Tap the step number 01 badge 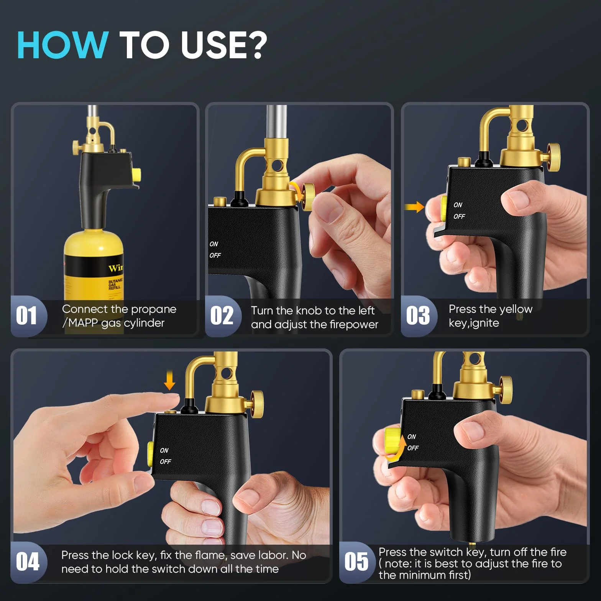point(27,316)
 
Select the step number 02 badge point(222,316)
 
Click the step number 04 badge point(28,562)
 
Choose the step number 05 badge point(356,562)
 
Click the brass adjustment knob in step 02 point(308,197)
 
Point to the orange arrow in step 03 point(414,207)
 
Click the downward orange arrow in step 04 point(169,381)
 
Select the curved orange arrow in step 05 point(397,448)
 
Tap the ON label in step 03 point(458,205)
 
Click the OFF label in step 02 point(215,255)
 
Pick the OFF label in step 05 point(413,448)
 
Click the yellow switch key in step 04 point(151,454)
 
